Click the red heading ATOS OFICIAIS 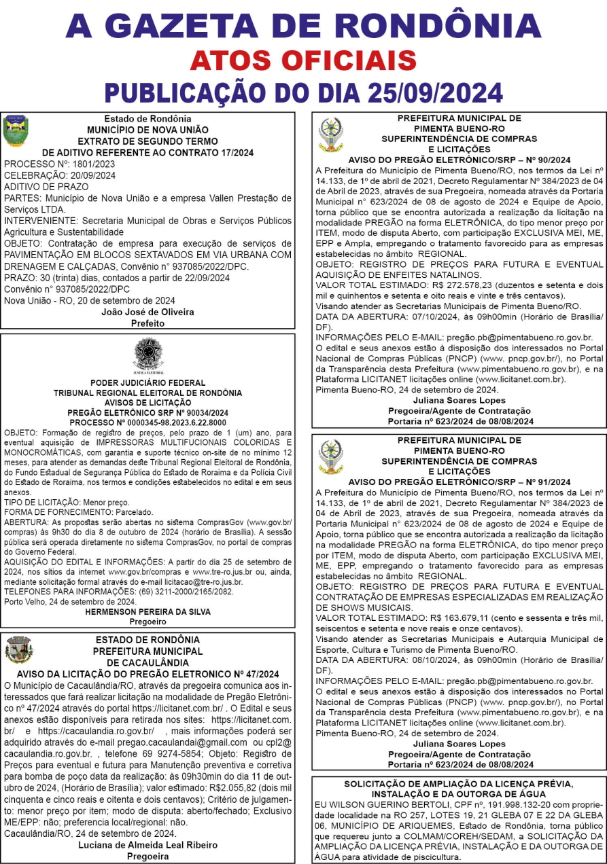[303, 60]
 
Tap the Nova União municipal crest [16, 130]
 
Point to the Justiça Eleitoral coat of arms [148, 355]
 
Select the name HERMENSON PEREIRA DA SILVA [148, 611]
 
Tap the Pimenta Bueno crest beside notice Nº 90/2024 [331, 134]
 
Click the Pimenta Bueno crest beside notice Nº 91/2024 [331, 456]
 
